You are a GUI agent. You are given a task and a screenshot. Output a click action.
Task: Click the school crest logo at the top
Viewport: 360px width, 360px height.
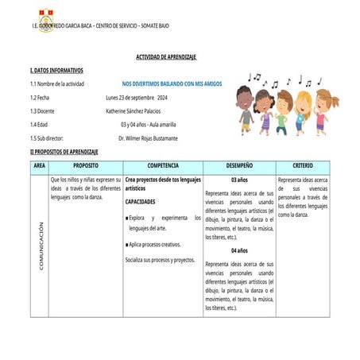point(46,15)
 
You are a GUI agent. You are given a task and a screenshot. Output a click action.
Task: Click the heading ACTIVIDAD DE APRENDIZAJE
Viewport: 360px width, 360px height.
point(166,57)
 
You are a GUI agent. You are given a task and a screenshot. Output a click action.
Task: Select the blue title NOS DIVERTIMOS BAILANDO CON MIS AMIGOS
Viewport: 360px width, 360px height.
point(172,83)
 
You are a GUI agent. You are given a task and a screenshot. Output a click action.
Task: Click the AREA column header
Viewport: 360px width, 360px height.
point(40,165)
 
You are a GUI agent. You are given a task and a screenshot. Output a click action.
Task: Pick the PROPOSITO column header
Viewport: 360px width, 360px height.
point(85,165)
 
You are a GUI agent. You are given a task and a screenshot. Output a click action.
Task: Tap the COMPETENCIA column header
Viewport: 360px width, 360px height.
point(163,165)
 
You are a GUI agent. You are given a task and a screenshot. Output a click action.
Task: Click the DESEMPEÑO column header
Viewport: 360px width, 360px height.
point(239,165)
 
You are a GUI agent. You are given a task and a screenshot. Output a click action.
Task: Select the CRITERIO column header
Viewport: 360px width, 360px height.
point(303,165)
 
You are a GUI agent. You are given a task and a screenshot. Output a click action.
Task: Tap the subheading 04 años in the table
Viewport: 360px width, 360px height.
point(239,250)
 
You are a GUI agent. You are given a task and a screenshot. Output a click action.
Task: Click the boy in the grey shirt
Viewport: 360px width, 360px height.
point(244,111)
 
